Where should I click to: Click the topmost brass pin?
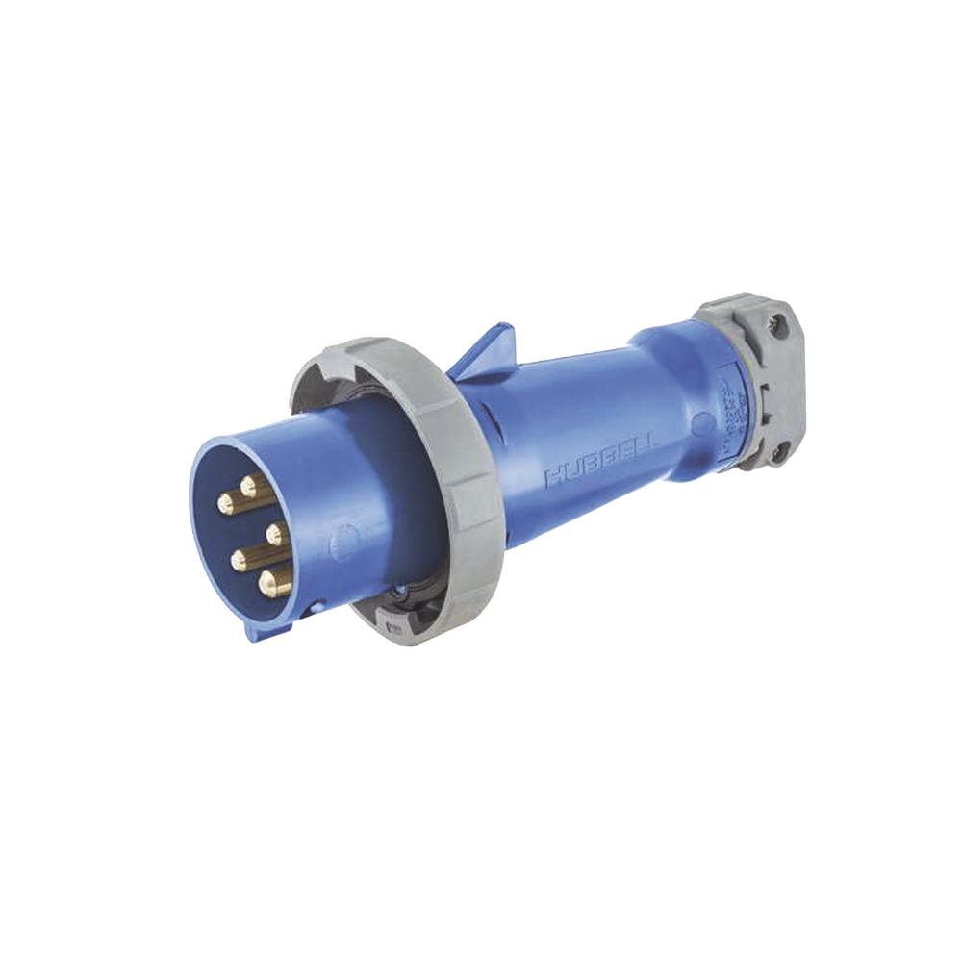pyautogui.click(x=251, y=485)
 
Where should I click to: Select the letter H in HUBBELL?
pyautogui.click(x=553, y=476)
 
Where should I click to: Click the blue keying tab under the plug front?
pyautogui.click(x=257, y=629)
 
